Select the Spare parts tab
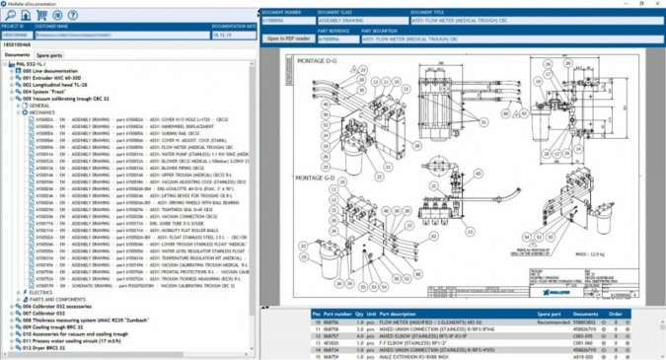(x=48, y=55)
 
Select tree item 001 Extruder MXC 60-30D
(x=55, y=78)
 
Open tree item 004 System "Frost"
(x=45, y=92)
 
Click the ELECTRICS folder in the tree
(x=38, y=292)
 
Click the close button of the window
(x=658, y=4)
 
